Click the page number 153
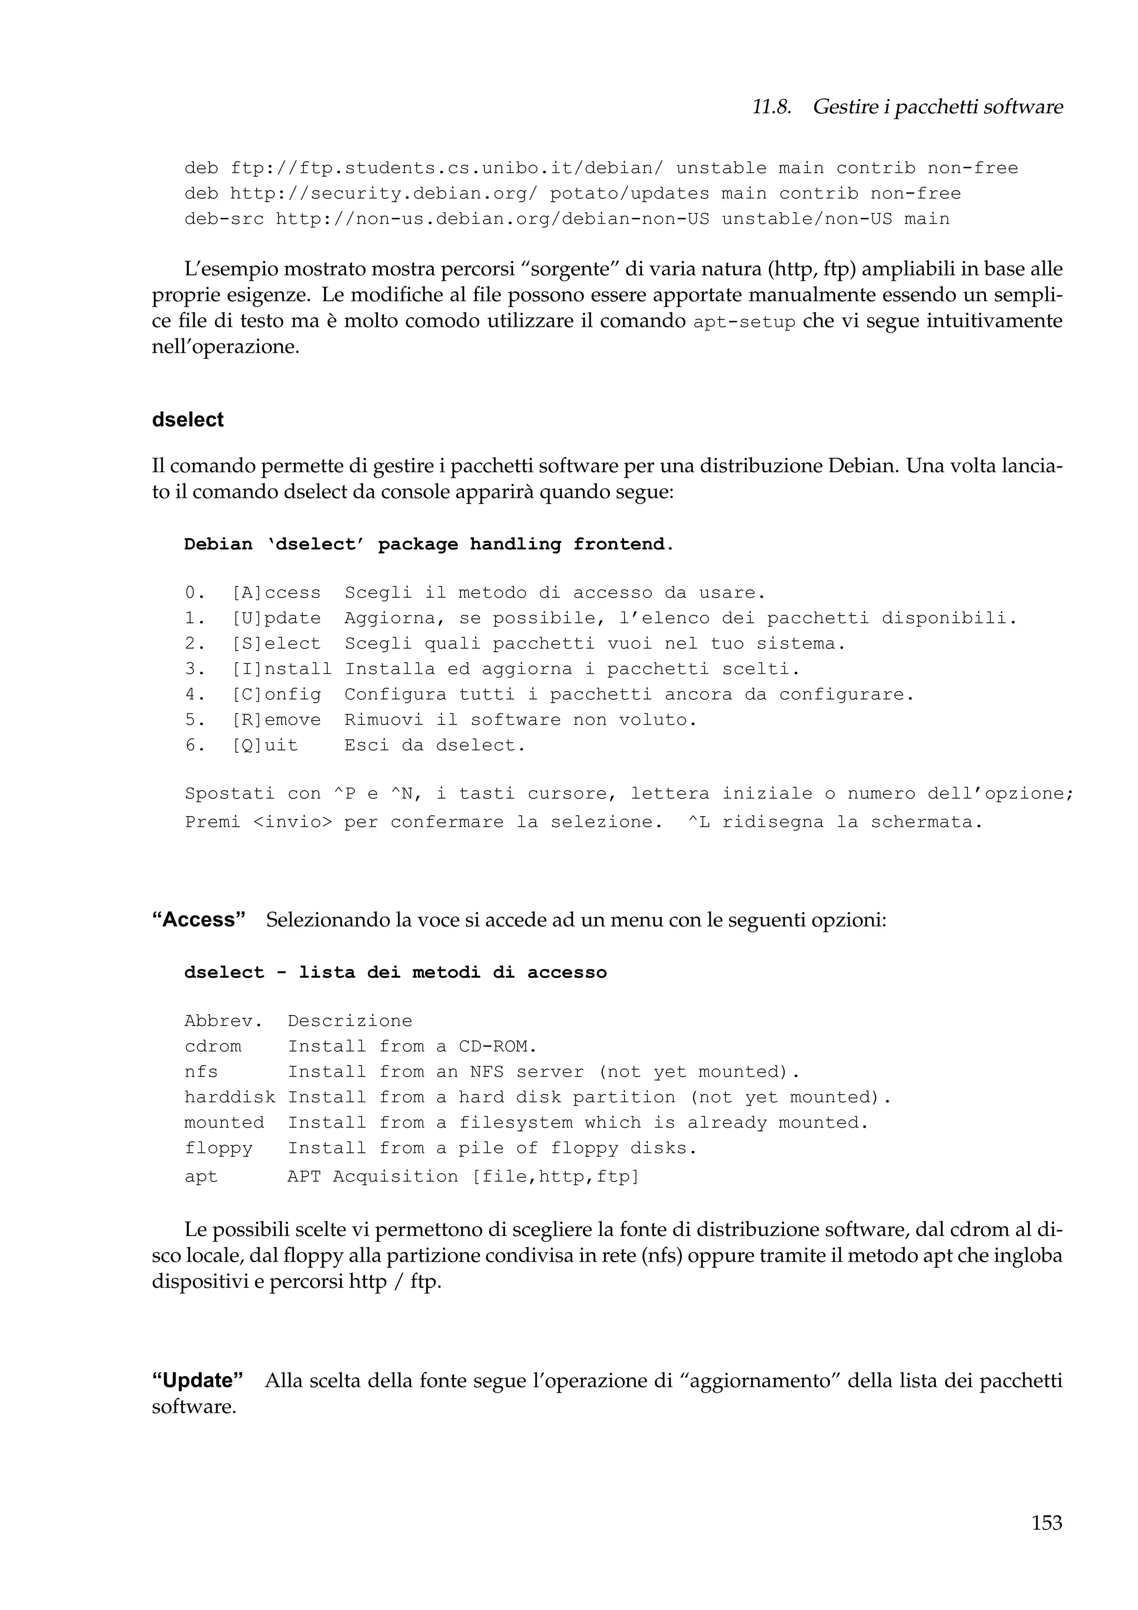(x=1046, y=1523)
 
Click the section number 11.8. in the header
(x=771, y=107)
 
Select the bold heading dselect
(x=187, y=419)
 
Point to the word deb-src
(x=224, y=219)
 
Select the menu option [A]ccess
(x=276, y=593)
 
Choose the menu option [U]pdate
(x=276, y=618)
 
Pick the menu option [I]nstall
(x=282, y=668)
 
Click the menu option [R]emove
(x=276, y=719)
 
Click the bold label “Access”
(x=198, y=919)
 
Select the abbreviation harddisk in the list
(x=230, y=1097)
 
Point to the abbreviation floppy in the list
(x=218, y=1148)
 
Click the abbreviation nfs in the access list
(x=201, y=1072)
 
